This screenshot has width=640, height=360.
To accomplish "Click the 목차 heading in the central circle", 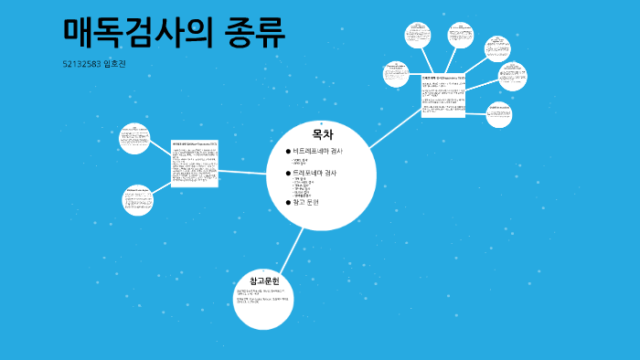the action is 322,134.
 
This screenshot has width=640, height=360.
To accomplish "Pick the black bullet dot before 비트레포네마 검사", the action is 288,151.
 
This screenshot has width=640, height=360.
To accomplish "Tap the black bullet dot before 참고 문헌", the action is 288,202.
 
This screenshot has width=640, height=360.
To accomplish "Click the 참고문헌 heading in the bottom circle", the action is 263,281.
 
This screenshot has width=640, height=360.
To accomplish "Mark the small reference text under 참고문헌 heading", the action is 262,296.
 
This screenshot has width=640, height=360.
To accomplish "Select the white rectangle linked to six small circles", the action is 443,95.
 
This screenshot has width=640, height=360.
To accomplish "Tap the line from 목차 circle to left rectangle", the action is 242,171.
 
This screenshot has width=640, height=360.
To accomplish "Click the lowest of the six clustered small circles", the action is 498,113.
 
